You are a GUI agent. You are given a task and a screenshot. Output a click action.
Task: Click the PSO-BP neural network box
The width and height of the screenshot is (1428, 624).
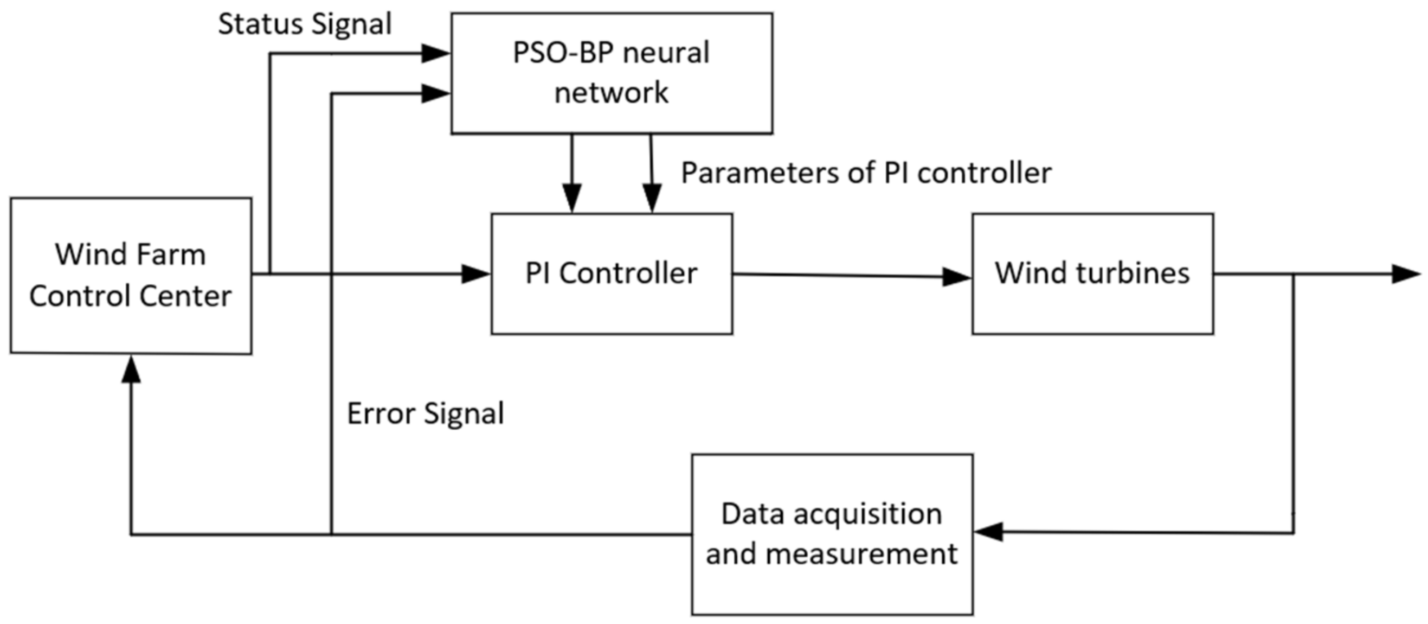pos(612,73)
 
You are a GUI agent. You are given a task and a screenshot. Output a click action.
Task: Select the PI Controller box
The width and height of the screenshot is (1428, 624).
pos(612,273)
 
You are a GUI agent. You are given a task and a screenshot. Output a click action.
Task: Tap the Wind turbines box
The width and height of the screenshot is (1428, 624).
pos(1092,273)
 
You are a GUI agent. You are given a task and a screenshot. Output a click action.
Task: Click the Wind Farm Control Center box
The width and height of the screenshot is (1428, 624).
pos(131,276)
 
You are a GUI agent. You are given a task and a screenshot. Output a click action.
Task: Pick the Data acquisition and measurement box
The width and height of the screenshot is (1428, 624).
pos(832,534)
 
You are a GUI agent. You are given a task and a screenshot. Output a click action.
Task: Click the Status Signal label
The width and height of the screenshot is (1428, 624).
pos(304,24)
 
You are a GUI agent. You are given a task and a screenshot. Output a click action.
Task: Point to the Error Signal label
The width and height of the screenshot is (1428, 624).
pos(425,414)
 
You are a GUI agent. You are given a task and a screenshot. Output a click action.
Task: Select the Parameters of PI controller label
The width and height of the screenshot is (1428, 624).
pos(866,173)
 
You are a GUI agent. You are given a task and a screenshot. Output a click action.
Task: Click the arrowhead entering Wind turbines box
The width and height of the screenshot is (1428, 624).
pos(957,276)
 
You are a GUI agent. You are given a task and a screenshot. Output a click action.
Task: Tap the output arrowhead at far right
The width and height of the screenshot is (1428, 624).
pos(1406,274)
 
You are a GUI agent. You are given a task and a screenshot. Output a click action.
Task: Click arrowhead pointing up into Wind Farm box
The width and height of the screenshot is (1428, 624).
pos(131,370)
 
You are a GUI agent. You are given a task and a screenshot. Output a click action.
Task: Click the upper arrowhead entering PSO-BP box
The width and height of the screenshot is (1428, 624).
pos(436,54)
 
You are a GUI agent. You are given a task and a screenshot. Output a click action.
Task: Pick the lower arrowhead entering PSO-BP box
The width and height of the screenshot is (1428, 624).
pos(436,93)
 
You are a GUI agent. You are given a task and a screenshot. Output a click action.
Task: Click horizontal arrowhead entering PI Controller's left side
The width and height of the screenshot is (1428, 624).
pos(475,274)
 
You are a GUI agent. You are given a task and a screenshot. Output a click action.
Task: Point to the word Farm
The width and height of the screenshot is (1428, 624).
pos(171,254)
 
